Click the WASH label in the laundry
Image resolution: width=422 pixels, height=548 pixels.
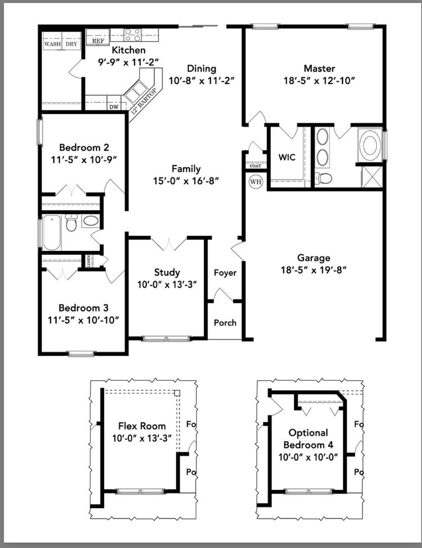click(x=52, y=44)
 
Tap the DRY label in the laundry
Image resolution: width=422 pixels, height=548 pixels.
click(x=71, y=44)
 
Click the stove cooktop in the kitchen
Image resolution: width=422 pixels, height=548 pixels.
click(x=133, y=35)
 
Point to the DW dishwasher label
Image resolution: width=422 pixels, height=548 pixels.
click(x=114, y=107)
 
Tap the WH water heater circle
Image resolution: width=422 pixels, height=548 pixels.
click(x=256, y=182)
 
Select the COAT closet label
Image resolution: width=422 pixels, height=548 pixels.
click(x=256, y=166)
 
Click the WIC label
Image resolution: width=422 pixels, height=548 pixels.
click(x=287, y=157)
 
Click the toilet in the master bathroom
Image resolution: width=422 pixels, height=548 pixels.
click(x=324, y=179)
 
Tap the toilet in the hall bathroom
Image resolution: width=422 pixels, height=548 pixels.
click(x=72, y=223)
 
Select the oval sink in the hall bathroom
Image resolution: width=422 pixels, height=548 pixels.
click(x=90, y=222)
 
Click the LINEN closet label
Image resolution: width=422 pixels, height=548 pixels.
click(x=89, y=261)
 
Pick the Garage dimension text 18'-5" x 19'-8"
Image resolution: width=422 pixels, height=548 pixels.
click(x=314, y=270)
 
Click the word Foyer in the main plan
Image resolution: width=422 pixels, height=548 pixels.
click(x=225, y=273)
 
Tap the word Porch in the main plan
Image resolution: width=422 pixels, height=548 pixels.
click(x=225, y=323)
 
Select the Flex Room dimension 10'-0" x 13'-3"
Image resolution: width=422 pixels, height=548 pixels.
click(x=142, y=438)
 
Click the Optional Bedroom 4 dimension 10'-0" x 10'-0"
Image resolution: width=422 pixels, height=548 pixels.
click(x=308, y=457)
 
